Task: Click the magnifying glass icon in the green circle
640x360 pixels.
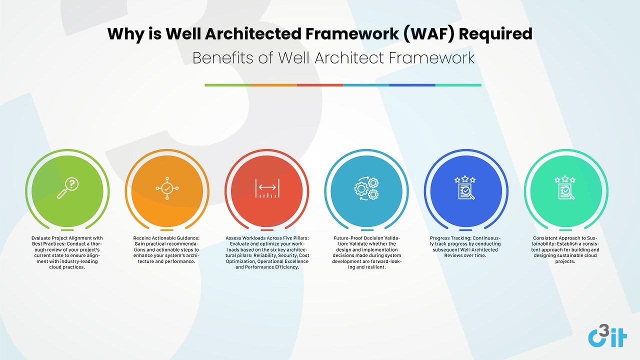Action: pyautogui.click(x=67, y=188)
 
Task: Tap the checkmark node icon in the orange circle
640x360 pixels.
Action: pyautogui.click(x=167, y=188)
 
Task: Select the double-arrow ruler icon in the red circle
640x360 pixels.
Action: pyautogui.click(x=267, y=188)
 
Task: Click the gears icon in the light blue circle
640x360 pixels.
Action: pyautogui.click(x=366, y=188)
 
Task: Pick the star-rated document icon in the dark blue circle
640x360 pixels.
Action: pyautogui.click(x=465, y=187)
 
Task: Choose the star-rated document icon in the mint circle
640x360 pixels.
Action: pyautogui.click(x=565, y=187)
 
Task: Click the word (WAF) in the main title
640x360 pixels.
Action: pyautogui.click(x=428, y=34)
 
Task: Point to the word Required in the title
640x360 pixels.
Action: pyautogui.click(x=495, y=34)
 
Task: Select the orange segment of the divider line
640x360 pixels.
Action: pyautogui.click(x=274, y=85)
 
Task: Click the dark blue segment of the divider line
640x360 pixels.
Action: pyautogui.click(x=412, y=85)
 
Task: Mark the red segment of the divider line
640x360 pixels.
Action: pyautogui.click(x=320, y=85)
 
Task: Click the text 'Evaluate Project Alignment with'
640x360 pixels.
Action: pyautogui.click(x=67, y=238)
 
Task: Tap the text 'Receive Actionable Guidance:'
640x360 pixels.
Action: pyautogui.click(x=166, y=238)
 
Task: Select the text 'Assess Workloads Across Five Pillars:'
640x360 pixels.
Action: pyautogui.click(x=267, y=238)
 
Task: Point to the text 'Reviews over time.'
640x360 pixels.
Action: pyautogui.click(x=465, y=255)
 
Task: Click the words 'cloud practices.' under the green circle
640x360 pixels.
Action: pyautogui.click(x=67, y=267)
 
